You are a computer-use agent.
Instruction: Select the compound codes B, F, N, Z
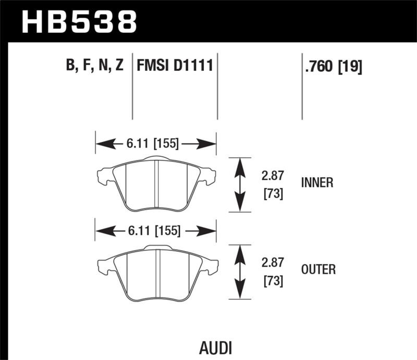pyautogui.click(x=94, y=66)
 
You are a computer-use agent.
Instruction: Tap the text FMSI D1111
pyautogui.click(x=175, y=66)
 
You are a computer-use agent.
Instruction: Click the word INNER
pyautogui.click(x=317, y=183)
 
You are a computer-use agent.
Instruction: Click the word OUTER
pyautogui.click(x=318, y=269)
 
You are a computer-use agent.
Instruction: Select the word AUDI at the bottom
pyautogui.click(x=215, y=347)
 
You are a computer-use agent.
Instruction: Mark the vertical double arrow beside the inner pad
pyautogui.click(x=239, y=184)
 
